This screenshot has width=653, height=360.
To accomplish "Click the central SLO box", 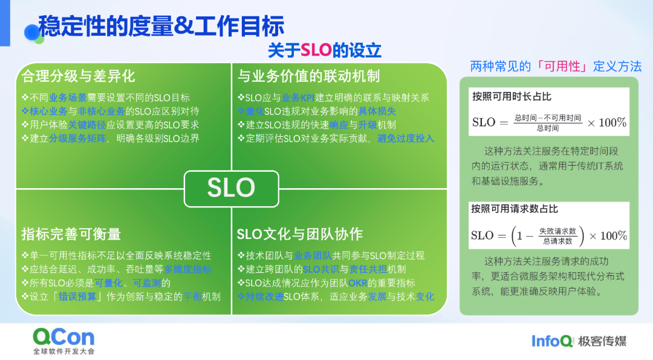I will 231,188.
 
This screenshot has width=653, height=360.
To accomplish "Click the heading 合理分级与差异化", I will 78,76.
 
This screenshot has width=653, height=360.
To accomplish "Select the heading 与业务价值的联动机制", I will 308,76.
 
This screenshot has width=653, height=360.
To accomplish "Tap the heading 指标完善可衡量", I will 71,234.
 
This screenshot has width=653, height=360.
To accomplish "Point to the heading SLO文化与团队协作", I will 299,234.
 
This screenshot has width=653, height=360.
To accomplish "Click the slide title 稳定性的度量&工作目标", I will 161,27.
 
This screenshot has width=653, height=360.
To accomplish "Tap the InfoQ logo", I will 552,341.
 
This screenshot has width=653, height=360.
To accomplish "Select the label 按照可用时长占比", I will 512,97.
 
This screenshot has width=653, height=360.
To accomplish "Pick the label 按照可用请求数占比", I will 515,209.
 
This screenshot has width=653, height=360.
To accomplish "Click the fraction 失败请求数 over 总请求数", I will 557,235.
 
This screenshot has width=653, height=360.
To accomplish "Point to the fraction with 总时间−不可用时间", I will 547,123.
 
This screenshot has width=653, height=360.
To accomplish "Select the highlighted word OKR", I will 358,283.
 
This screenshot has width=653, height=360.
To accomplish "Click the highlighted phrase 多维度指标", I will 188,269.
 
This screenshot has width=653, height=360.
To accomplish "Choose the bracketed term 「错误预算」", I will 82,297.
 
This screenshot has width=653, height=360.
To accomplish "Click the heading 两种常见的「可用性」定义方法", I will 556,66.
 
